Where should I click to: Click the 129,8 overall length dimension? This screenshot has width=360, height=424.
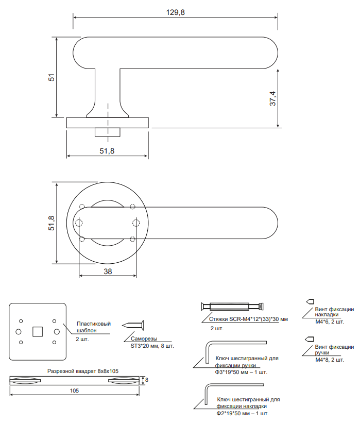pyautogui.click(x=176, y=12)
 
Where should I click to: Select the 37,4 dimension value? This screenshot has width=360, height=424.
pyautogui.click(x=272, y=98)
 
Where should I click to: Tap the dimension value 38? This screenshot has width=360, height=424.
pyautogui.click(x=108, y=271)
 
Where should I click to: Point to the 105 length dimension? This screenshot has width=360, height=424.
pyautogui.click(x=74, y=391)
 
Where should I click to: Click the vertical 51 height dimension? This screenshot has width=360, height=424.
pyautogui.click(x=52, y=77)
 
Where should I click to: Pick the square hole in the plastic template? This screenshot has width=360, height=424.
pyautogui.click(x=38, y=332)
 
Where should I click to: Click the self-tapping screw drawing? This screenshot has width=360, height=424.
pyautogui.click(x=133, y=326)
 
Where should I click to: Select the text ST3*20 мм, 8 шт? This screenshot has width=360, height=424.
pyautogui.click(x=152, y=346)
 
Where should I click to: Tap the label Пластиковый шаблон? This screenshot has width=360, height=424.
pyautogui.click(x=94, y=327)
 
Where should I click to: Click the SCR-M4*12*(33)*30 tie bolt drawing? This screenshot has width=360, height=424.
pyautogui.click(x=232, y=307)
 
